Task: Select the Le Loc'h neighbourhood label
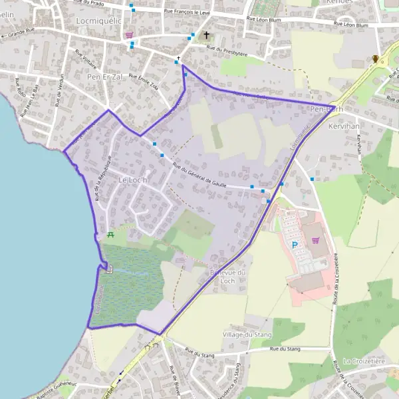(x=132, y=180)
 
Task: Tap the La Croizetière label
(x=364, y=361)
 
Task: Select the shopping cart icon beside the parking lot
(x=315, y=240)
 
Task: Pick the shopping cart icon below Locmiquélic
(x=129, y=35)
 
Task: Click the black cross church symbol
(x=206, y=35)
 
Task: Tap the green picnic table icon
(x=110, y=235)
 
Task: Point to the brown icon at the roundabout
(x=376, y=59)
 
